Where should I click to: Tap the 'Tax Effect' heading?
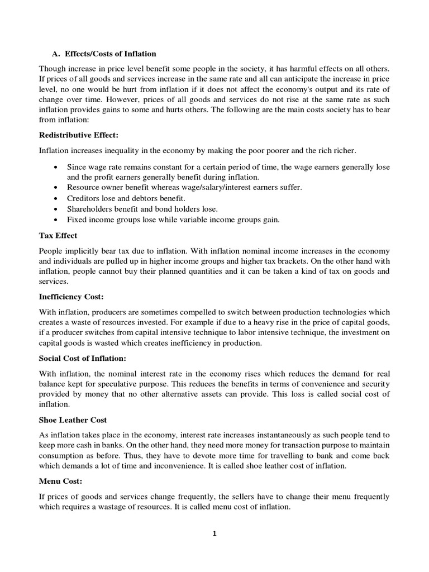point(58,235)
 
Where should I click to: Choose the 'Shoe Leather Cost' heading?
point(73,420)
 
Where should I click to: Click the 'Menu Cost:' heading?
point(60,481)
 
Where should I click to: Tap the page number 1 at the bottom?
point(214,533)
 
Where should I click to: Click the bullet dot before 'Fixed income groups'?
point(56,220)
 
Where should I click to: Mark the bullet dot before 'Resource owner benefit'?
point(56,188)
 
